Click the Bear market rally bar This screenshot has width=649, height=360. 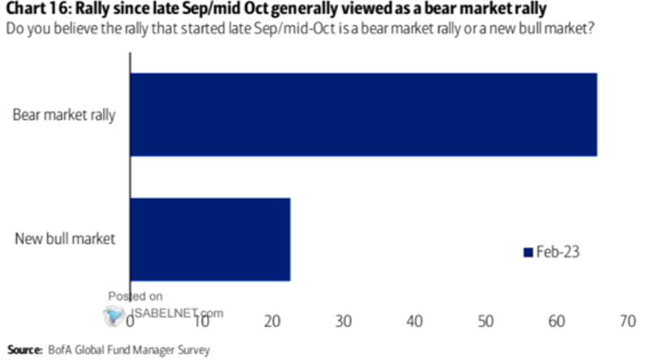[363, 114]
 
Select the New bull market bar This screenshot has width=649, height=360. [209, 239]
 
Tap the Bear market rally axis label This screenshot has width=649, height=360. [64, 114]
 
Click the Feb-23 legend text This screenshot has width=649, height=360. [558, 252]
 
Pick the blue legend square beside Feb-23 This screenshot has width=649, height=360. [527, 252]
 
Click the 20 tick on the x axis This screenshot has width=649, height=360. [273, 322]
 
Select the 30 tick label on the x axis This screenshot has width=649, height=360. [344, 322]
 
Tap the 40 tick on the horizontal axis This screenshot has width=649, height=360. [415, 322]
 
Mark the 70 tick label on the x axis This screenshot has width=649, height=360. [627, 322]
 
